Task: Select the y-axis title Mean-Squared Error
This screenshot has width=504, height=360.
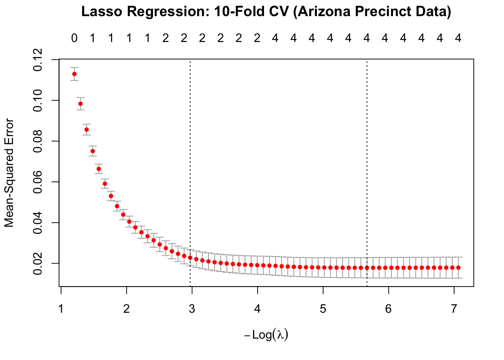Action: (9, 173)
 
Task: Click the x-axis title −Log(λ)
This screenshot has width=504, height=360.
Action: (266, 334)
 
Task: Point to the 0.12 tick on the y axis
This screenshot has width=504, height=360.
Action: (38, 60)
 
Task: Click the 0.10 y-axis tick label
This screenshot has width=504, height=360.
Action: (38, 100)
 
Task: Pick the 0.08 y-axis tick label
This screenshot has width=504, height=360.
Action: (38, 141)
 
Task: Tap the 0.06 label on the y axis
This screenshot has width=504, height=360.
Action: (38, 182)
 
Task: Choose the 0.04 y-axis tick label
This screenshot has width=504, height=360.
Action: (38, 223)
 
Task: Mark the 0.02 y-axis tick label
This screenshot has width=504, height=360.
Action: (38, 263)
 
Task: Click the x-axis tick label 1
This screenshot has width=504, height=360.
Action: (61, 309)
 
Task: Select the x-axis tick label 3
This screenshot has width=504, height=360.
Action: (192, 309)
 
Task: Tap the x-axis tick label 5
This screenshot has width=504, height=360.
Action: (323, 309)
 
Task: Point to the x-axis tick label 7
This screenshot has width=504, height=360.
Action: (454, 309)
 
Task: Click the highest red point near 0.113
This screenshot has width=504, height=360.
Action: (74, 74)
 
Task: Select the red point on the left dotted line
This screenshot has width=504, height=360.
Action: (190, 258)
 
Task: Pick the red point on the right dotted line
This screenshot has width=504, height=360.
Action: (367, 268)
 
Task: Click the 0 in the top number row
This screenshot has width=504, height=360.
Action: (74, 38)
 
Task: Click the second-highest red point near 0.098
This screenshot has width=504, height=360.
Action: (80, 104)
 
